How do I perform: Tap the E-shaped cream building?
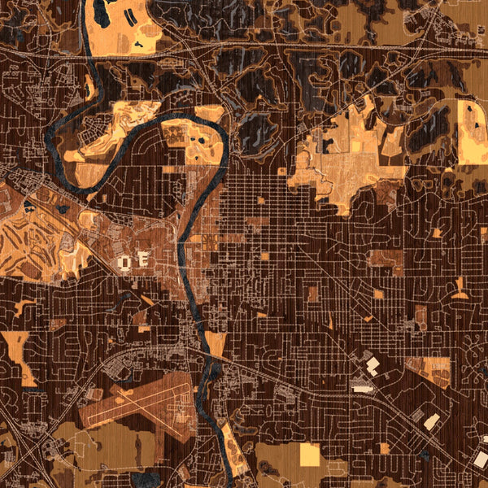click(142, 260)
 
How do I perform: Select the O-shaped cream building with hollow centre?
click(126, 263)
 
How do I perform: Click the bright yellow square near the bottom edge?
click(310, 455)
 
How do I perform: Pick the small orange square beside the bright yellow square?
click(383, 448)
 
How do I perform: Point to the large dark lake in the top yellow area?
click(103, 12)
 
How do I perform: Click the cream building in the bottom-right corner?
click(481, 460)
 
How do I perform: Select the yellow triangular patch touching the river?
click(216, 342)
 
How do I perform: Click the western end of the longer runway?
click(86, 423)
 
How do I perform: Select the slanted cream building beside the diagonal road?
click(432, 421)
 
